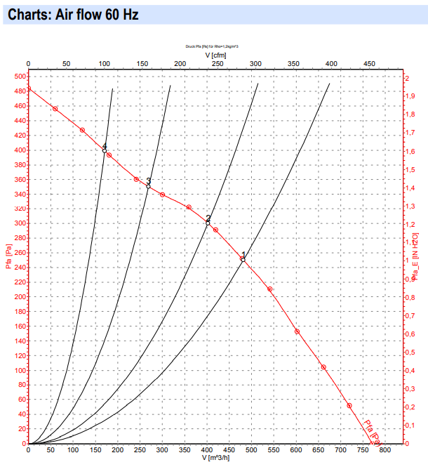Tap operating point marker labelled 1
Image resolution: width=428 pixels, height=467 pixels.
click(243, 260)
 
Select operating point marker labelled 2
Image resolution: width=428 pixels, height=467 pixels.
click(208, 223)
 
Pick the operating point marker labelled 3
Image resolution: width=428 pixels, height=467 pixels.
click(148, 186)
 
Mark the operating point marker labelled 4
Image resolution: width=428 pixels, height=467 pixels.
click(104, 151)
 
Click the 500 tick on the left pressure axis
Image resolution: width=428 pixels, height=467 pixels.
click(19, 77)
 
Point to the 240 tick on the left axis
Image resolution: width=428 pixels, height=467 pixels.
click(19, 268)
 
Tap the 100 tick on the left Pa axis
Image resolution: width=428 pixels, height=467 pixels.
click(19, 371)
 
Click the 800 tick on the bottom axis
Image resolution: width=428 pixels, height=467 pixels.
click(385, 450)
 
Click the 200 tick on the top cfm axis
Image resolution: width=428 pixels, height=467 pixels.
click(180, 64)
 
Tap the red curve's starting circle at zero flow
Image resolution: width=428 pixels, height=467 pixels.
click(28, 89)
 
